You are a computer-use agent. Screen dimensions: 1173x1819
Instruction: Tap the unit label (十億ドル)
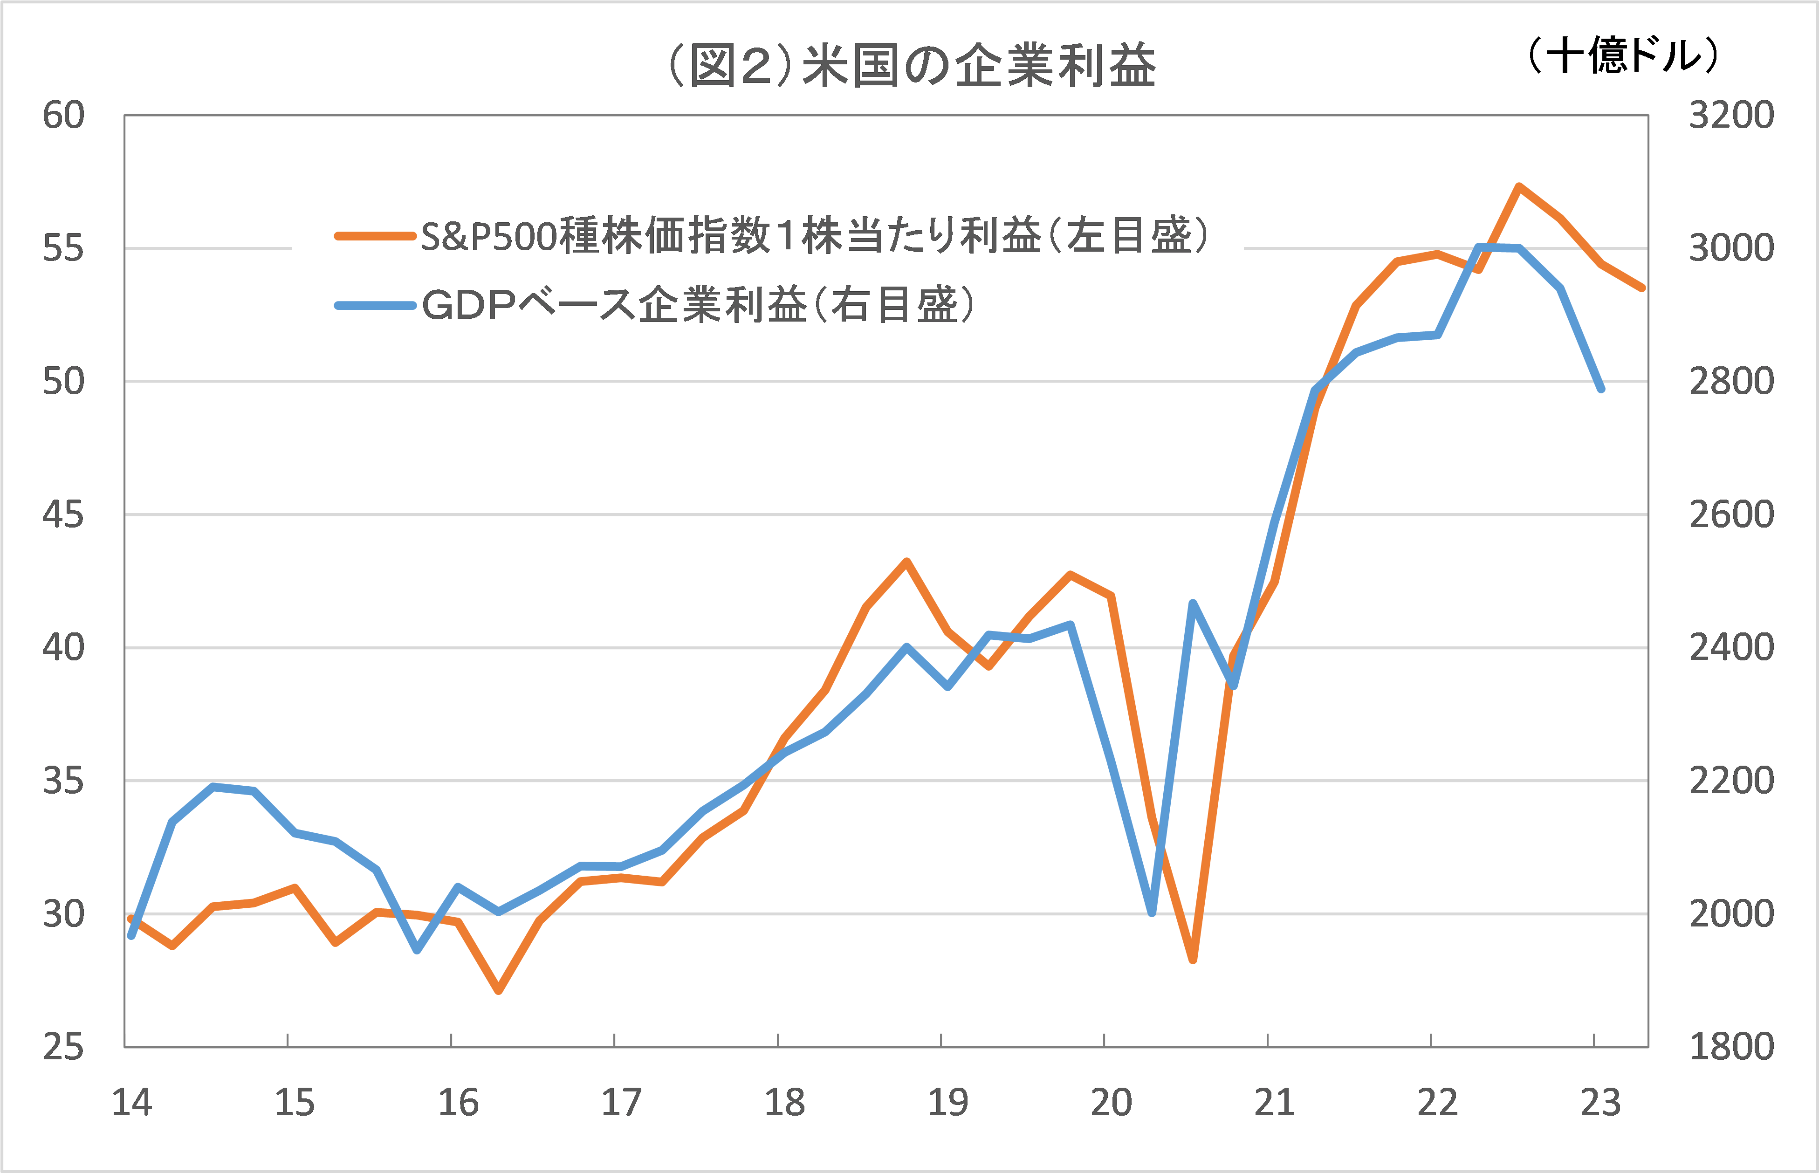point(1622,55)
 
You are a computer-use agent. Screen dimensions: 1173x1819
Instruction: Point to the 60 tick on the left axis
point(63,116)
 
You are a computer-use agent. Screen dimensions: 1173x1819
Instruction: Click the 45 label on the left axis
point(63,515)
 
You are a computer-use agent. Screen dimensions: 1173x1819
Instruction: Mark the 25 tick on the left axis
point(63,1047)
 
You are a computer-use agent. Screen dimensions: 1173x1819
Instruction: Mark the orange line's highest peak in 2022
point(1519,186)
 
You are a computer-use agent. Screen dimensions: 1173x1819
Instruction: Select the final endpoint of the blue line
point(1600,389)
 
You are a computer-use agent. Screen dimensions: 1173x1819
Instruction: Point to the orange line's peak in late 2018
point(906,562)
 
